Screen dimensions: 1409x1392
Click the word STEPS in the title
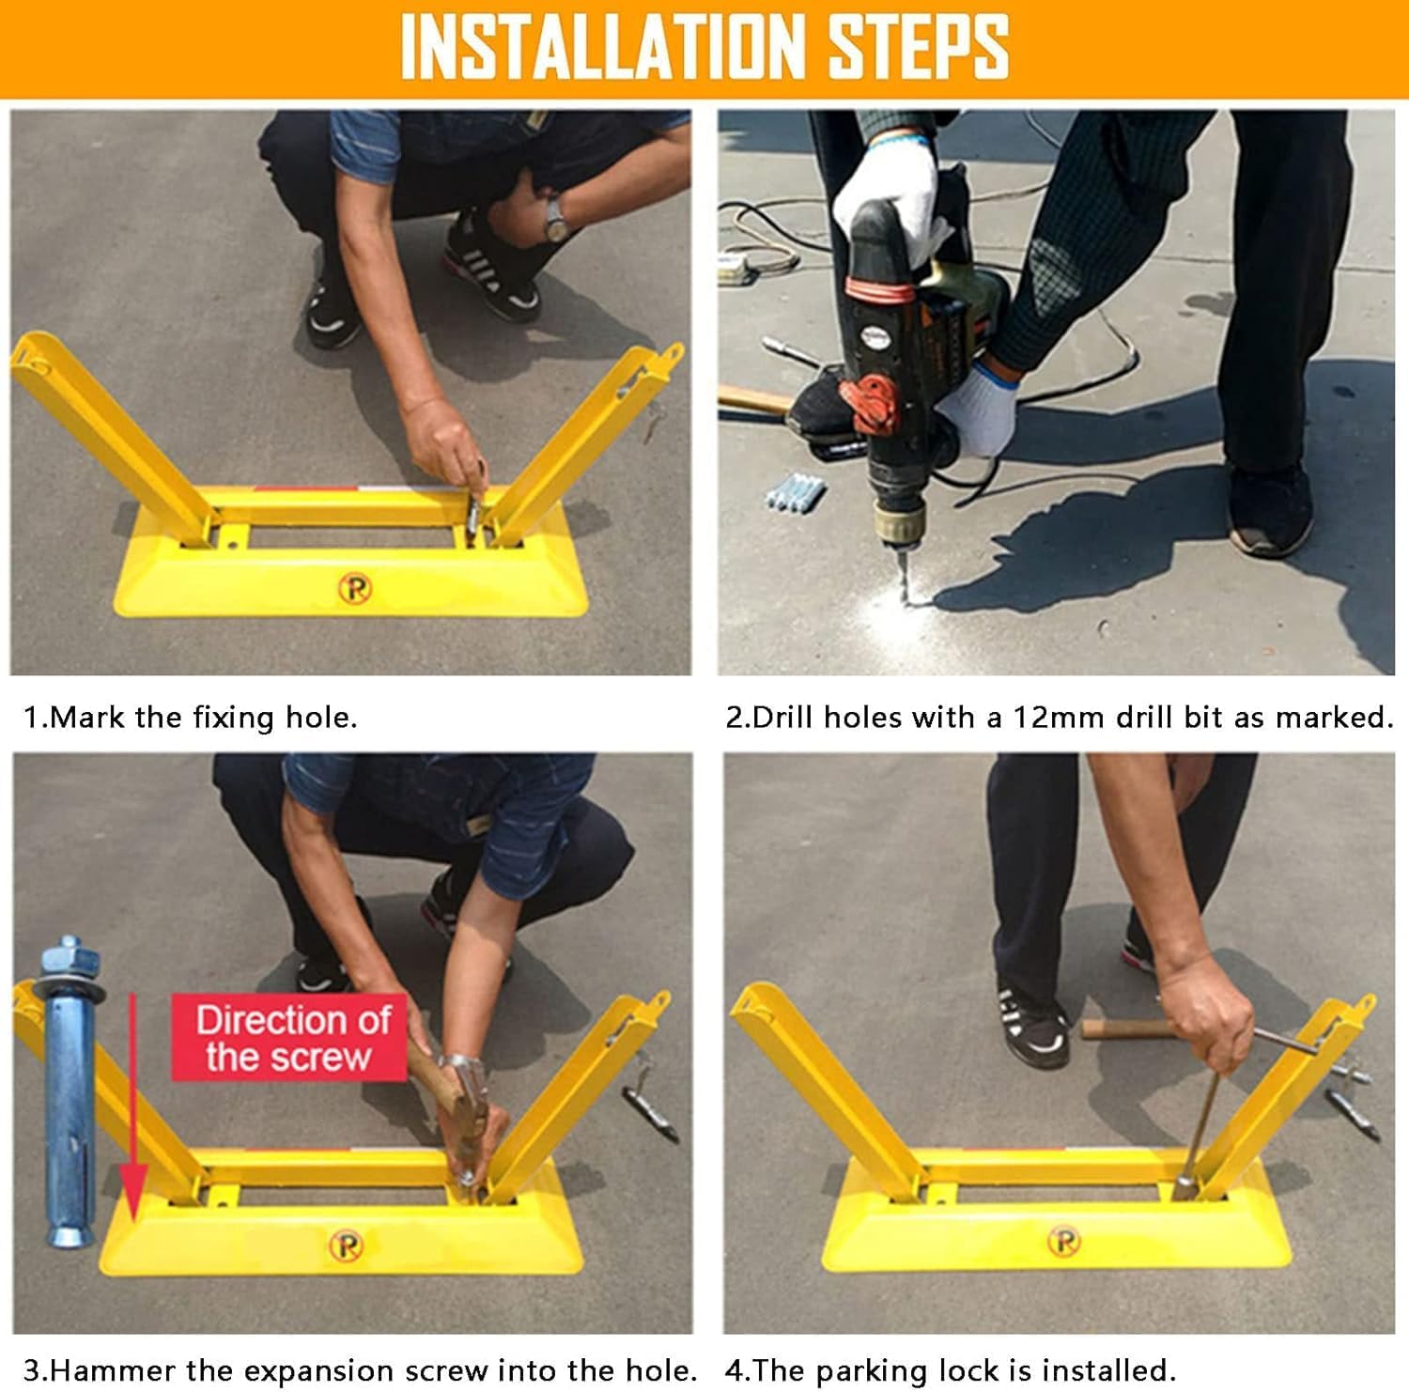pyautogui.click(x=919, y=47)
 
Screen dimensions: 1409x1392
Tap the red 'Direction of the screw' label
pyautogui.click(x=289, y=1038)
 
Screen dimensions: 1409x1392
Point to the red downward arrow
pyautogui.click(x=133, y=1108)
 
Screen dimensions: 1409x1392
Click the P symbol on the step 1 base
pyautogui.click(x=354, y=589)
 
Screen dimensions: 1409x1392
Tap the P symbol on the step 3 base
pyautogui.click(x=346, y=1245)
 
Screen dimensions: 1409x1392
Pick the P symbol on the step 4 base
pyautogui.click(x=1063, y=1241)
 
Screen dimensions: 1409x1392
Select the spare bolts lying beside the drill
pyautogui.click(x=795, y=492)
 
